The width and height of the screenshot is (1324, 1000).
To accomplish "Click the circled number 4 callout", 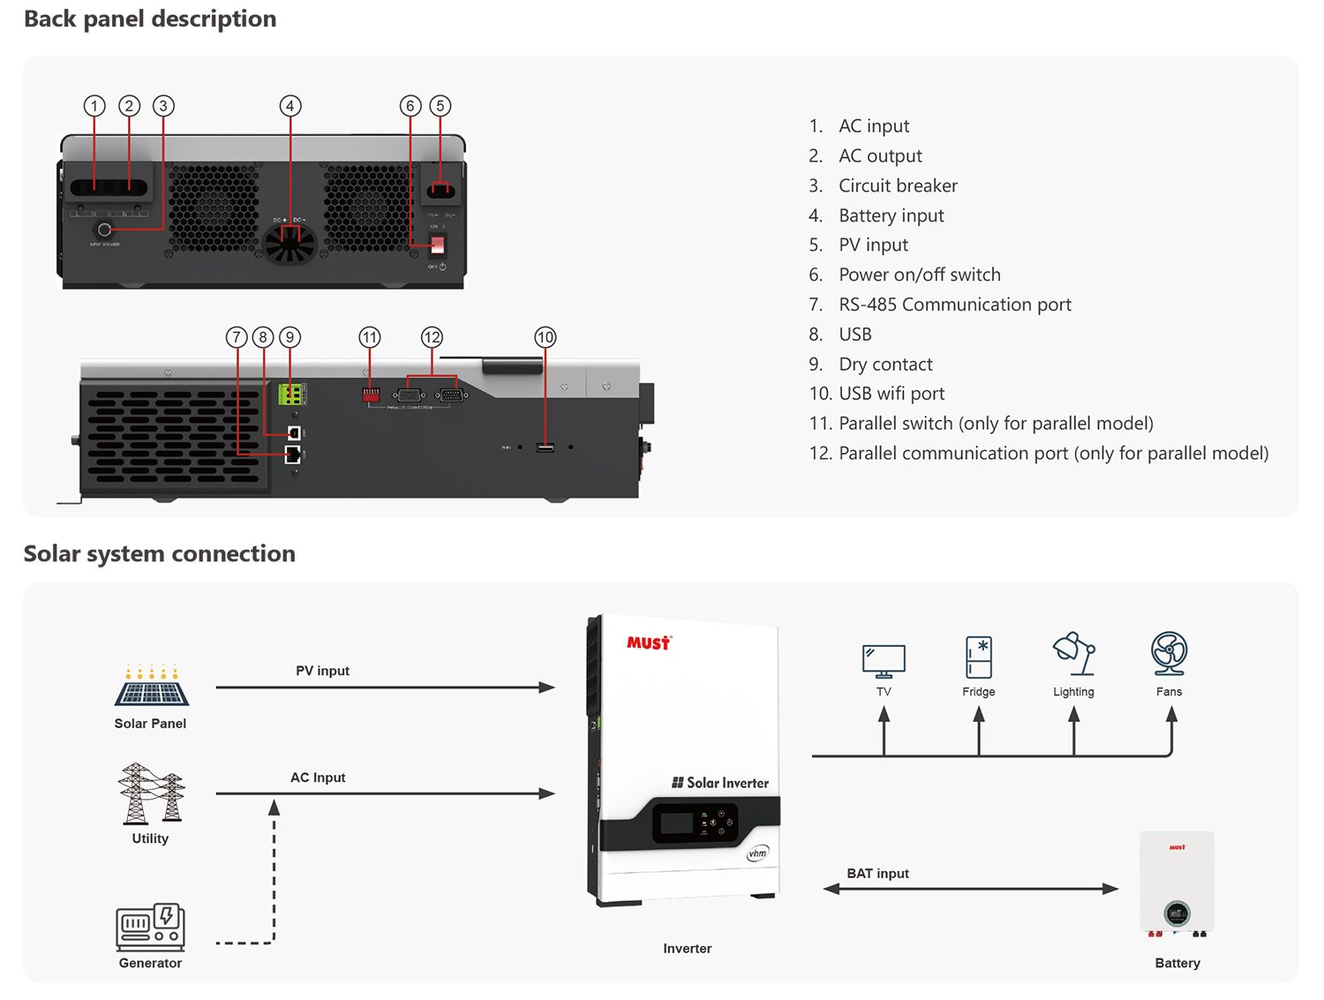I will pyautogui.click(x=290, y=107).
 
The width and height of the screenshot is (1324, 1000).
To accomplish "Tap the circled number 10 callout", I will pyautogui.click(x=545, y=337).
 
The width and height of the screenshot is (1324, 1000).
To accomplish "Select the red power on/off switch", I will pyautogui.click(x=438, y=244).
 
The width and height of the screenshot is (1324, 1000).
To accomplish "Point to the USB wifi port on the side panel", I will pyautogui.click(x=545, y=447).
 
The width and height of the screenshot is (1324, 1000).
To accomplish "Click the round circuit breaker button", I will pyautogui.click(x=104, y=229).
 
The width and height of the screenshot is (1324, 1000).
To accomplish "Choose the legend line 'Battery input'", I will pyautogui.click(x=891, y=215).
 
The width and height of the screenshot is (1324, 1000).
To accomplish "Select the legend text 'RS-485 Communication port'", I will pyautogui.click(x=954, y=305).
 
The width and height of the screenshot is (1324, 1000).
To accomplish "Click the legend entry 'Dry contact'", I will pyautogui.click(x=885, y=365).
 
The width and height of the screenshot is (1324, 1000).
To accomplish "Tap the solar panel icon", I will pyautogui.click(x=151, y=686).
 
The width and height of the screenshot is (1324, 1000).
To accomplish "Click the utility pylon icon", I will pyautogui.click(x=151, y=793).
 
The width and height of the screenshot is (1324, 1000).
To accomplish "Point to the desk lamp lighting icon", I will pyautogui.click(x=1074, y=654).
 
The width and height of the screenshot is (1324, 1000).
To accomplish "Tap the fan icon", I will pyautogui.click(x=1170, y=654).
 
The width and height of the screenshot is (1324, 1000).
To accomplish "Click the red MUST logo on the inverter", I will pyautogui.click(x=649, y=643).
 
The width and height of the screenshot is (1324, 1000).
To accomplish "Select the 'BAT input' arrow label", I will pyautogui.click(x=877, y=874).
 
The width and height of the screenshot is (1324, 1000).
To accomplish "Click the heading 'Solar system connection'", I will pyautogui.click(x=160, y=553).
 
